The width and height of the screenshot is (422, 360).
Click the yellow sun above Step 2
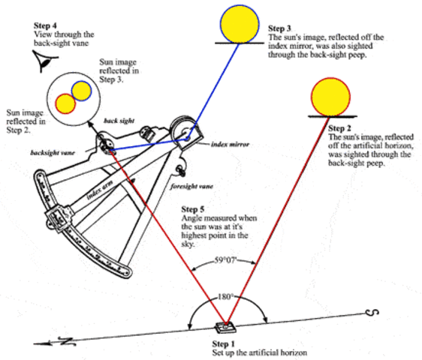(x=331, y=94)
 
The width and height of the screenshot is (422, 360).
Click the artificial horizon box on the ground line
(x=224, y=327)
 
